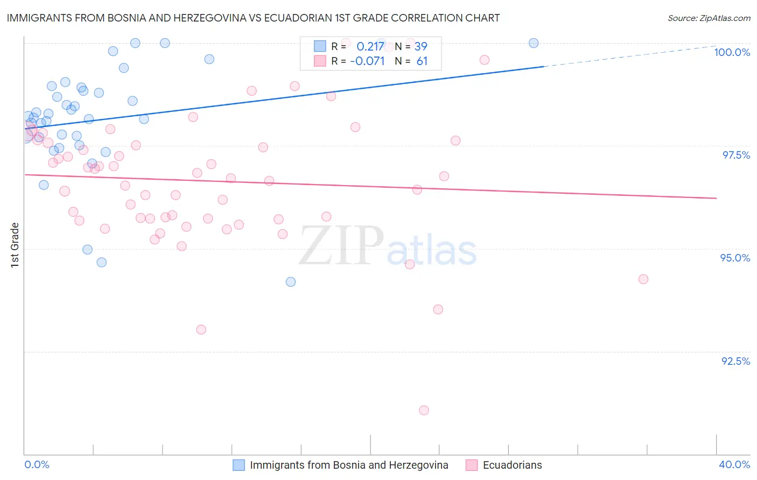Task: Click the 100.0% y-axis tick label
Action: (732, 52)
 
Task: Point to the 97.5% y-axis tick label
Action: (735, 155)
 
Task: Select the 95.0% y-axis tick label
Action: (735, 258)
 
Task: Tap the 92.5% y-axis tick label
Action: (735, 361)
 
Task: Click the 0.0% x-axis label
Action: (37, 464)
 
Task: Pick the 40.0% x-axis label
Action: (734, 464)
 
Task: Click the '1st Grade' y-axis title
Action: (15, 245)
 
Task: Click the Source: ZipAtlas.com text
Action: (709, 18)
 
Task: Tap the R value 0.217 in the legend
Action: (370, 46)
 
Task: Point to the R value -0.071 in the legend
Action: (367, 61)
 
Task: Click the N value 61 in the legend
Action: (422, 61)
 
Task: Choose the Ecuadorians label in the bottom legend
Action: (512, 465)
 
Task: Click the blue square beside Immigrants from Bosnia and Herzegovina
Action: (239, 465)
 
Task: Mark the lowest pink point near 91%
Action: (424, 410)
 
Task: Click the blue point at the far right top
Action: (534, 43)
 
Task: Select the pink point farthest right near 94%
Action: (643, 279)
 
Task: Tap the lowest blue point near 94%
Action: (291, 281)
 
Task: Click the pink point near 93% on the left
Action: (201, 329)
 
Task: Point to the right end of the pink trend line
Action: (716, 198)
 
